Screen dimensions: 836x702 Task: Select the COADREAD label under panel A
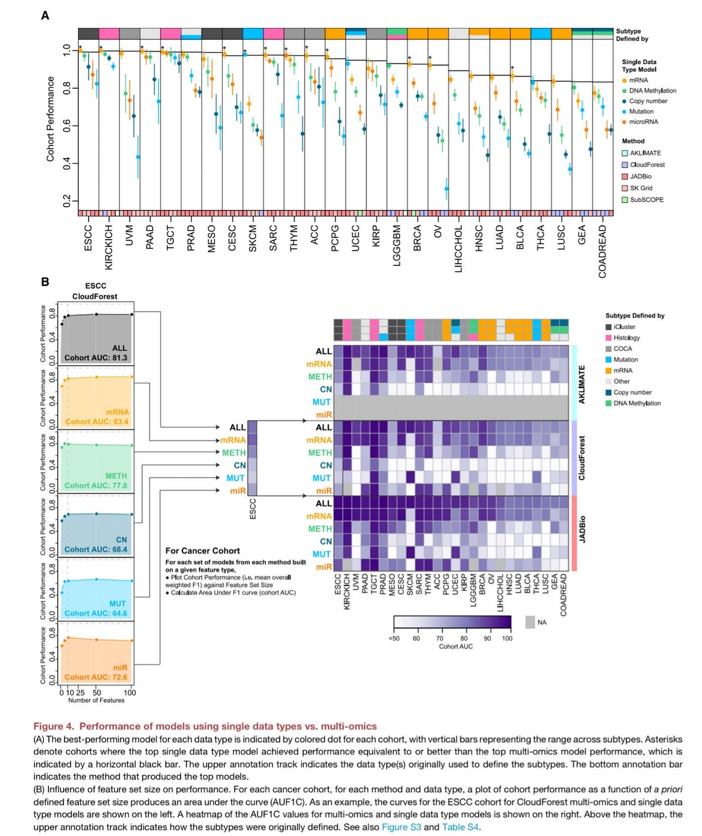(x=602, y=251)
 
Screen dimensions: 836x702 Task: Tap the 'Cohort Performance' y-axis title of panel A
(x=50, y=119)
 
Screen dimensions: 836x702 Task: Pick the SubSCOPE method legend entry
(x=646, y=200)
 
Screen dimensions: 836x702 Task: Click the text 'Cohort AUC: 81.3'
(x=96, y=358)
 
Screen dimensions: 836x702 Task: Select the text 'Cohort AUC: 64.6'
(x=96, y=613)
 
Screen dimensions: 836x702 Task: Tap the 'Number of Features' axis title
(x=96, y=700)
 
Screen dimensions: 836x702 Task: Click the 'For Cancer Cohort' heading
(x=203, y=551)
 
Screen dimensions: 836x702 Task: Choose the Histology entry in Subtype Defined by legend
(x=626, y=338)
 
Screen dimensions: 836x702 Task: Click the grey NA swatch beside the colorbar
(x=530, y=622)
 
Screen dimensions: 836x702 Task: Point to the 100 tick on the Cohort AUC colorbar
(x=507, y=638)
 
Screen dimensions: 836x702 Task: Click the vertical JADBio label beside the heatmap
(x=582, y=529)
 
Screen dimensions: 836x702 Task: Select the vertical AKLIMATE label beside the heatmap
(x=582, y=385)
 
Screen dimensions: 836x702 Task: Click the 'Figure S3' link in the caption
(x=401, y=827)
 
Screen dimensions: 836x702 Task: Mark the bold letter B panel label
(x=45, y=282)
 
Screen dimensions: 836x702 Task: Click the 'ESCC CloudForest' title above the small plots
(x=95, y=291)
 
